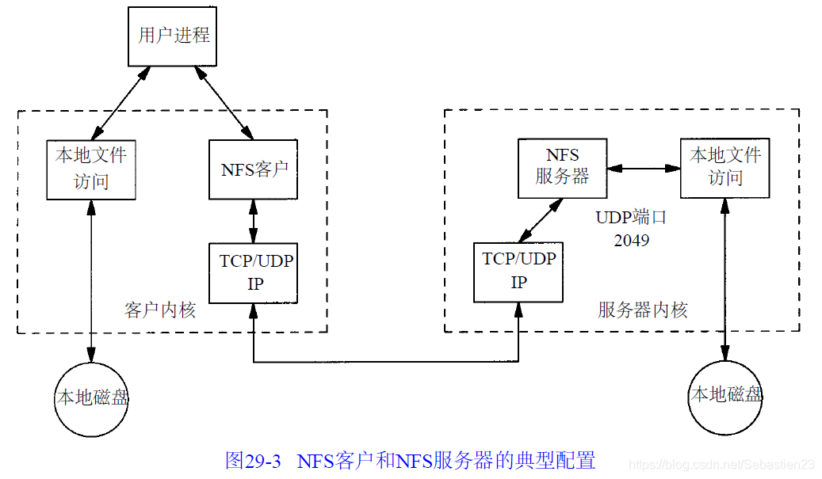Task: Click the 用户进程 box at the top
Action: pos(173,36)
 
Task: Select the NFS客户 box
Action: pos(253,169)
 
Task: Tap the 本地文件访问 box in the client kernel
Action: pos(91,169)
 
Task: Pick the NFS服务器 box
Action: pos(562,169)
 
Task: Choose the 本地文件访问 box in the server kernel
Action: pos(725,169)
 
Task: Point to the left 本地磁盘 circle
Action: pos(91,397)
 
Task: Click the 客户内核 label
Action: pos(160,310)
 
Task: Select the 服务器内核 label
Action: pos(642,310)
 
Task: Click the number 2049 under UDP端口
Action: pos(631,240)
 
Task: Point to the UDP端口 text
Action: pos(631,218)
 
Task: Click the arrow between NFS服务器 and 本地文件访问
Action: pos(644,168)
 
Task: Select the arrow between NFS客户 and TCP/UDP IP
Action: pos(253,221)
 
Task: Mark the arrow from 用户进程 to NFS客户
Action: pos(227,103)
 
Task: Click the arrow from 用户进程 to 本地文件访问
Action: pos(120,103)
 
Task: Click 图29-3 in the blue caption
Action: pos(253,461)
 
